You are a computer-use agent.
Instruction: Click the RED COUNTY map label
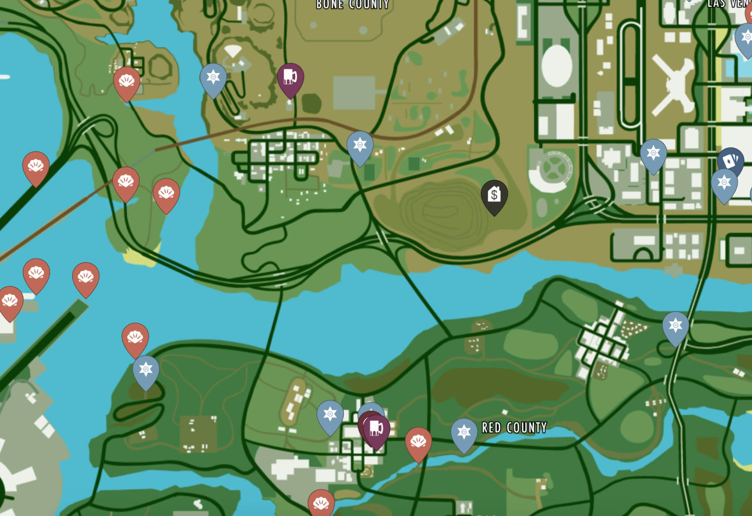(x=514, y=427)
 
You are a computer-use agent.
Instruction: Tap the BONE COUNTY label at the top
(x=353, y=4)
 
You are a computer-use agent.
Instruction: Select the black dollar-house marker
(x=494, y=195)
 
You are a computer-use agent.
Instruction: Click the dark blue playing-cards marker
(x=730, y=162)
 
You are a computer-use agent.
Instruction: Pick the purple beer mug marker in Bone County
(x=290, y=78)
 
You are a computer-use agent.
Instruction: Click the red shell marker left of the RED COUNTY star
(x=418, y=442)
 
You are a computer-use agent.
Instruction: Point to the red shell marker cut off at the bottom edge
(x=321, y=503)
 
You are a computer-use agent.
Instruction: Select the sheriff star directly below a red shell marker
(x=146, y=370)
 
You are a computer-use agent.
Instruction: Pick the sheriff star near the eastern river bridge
(x=675, y=327)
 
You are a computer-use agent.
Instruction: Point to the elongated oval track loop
(x=630, y=75)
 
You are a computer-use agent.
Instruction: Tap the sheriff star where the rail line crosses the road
(x=360, y=146)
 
